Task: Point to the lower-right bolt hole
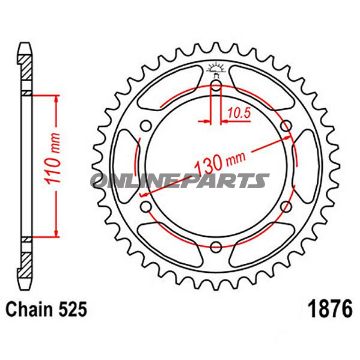[286, 209]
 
